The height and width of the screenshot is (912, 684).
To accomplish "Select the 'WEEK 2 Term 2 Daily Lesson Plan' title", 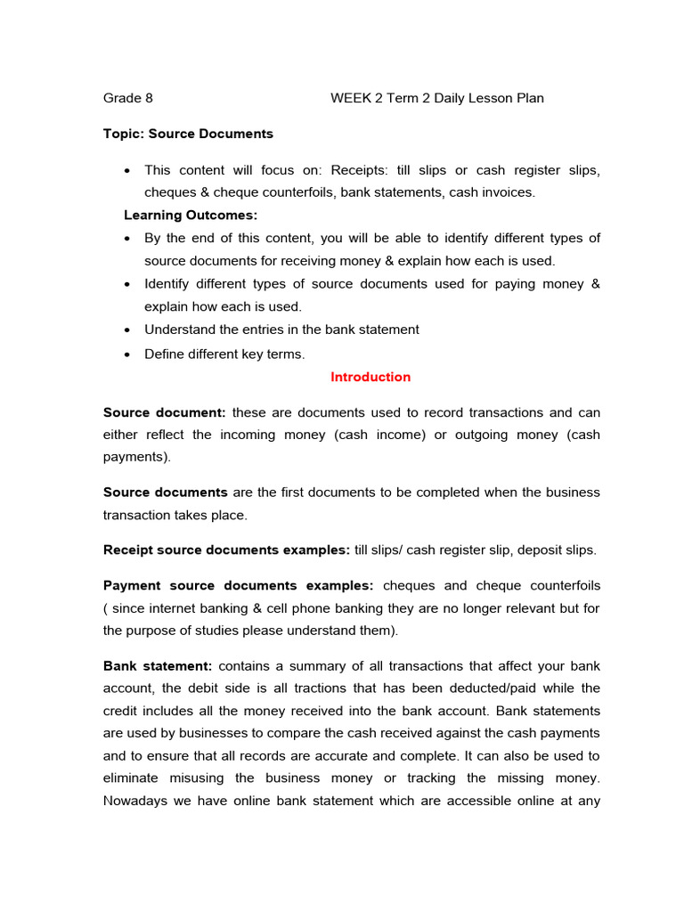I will coord(436,98).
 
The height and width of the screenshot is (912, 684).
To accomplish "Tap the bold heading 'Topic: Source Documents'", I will coord(188,134).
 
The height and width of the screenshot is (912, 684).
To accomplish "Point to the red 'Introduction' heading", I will coord(370,377).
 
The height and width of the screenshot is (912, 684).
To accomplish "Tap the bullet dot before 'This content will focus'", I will coord(129,170).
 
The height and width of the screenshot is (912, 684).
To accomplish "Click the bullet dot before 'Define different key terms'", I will coord(129,354).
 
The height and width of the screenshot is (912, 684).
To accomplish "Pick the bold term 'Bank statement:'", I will coord(158,665).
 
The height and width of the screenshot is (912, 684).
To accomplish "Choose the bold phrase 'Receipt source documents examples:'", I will coord(226,550).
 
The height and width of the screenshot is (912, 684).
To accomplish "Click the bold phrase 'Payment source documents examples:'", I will coord(240,585).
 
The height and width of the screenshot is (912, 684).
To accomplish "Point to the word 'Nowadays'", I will coord(135,800).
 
